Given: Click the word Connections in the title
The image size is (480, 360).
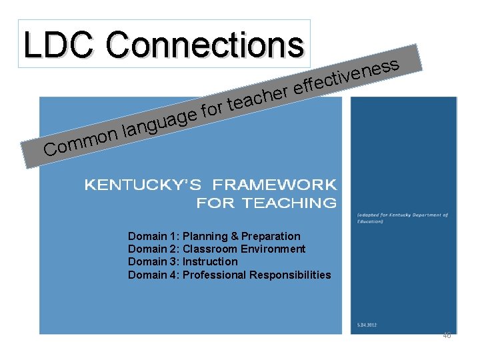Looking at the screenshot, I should (203, 45).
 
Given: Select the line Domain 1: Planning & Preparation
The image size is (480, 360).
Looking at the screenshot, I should (214, 236).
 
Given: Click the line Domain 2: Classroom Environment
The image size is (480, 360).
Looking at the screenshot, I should (217, 249).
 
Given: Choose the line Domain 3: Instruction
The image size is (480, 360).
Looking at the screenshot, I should (183, 261).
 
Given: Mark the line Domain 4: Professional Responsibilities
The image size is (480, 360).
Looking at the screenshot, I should (229, 275).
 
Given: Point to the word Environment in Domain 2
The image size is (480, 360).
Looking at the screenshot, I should (273, 249).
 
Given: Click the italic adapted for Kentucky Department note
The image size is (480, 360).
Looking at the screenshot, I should (401, 218).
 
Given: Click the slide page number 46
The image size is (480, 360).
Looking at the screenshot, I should (447, 336).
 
